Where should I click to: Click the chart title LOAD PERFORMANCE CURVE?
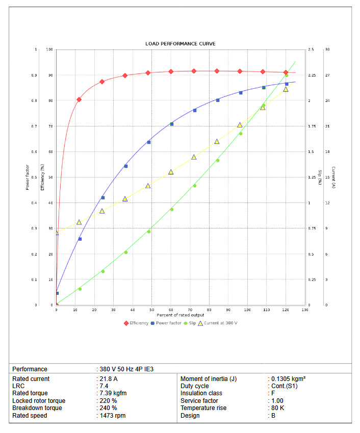tap(181, 44)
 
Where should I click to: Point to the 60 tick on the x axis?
tap(171, 310)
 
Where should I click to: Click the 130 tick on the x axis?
tap(304, 310)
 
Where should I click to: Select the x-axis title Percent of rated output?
tap(181, 315)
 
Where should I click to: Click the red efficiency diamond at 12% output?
tap(79, 99)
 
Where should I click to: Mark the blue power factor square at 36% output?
tap(126, 166)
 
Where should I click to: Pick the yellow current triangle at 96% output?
tap(240, 125)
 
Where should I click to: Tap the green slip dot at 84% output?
tap(218, 160)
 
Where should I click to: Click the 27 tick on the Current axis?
tap(327, 75)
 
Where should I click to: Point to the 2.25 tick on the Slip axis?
tap(312, 75)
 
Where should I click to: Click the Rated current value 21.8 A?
tap(108, 379)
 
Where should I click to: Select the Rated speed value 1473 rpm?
tap(112, 416)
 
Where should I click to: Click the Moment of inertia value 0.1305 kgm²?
tap(288, 379)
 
